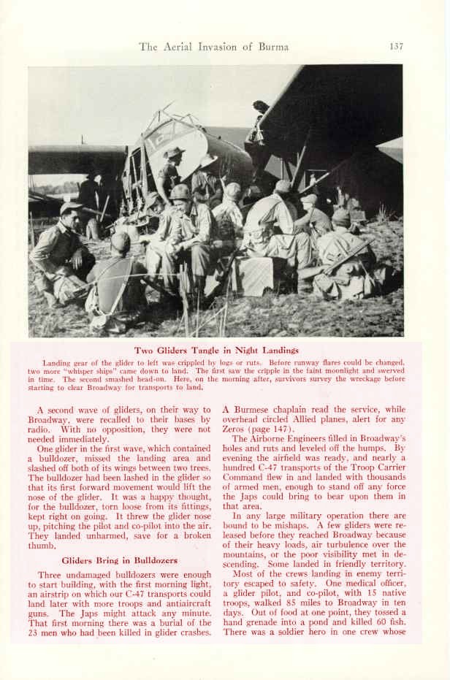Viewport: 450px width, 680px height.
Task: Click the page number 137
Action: [x=396, y=47]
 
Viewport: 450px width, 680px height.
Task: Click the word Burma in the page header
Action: [x=273, y=47]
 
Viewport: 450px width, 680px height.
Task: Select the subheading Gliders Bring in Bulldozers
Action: [x=119, y=560]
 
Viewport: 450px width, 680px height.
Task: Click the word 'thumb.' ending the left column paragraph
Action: [x=41, y=545]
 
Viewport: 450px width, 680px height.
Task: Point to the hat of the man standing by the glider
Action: [x=175, y=152]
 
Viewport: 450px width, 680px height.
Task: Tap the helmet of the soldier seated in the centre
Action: [x=180, y=192]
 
